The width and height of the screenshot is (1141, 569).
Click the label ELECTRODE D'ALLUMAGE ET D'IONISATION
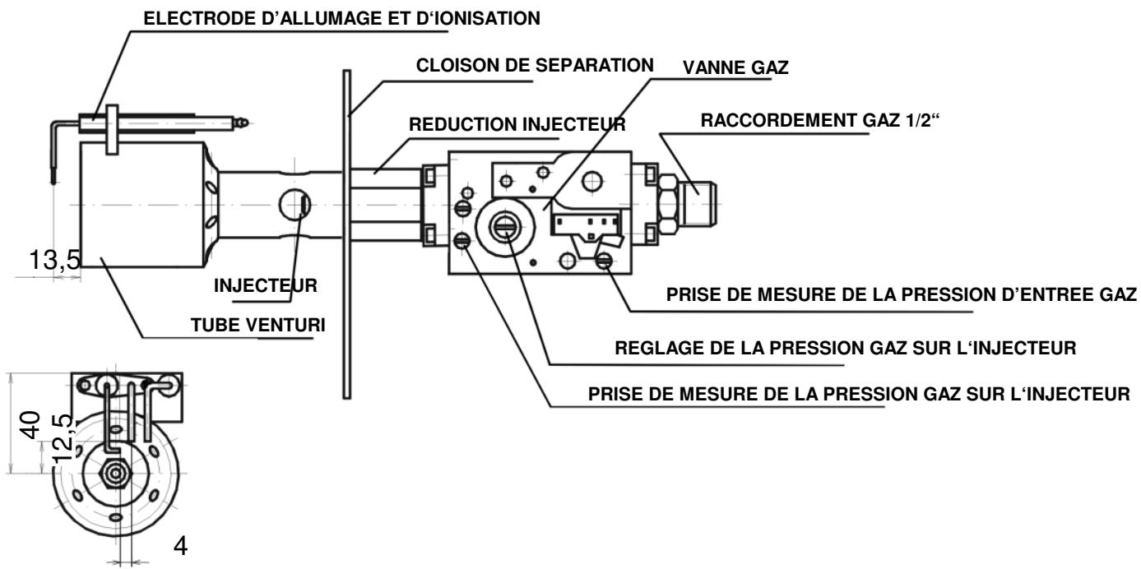click(x=342, y=19)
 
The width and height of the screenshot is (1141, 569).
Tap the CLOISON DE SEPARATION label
click(x=536, y=64)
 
